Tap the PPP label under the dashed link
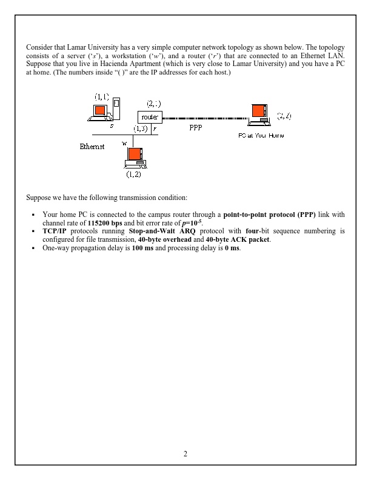coord(196,128)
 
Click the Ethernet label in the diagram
coord(92,147)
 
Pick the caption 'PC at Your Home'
coord(261,135)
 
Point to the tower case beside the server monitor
coord(117,109)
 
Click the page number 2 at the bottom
coord(185,454)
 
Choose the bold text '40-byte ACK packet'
coord(235,239)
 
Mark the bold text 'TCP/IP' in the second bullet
coord(54,231)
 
